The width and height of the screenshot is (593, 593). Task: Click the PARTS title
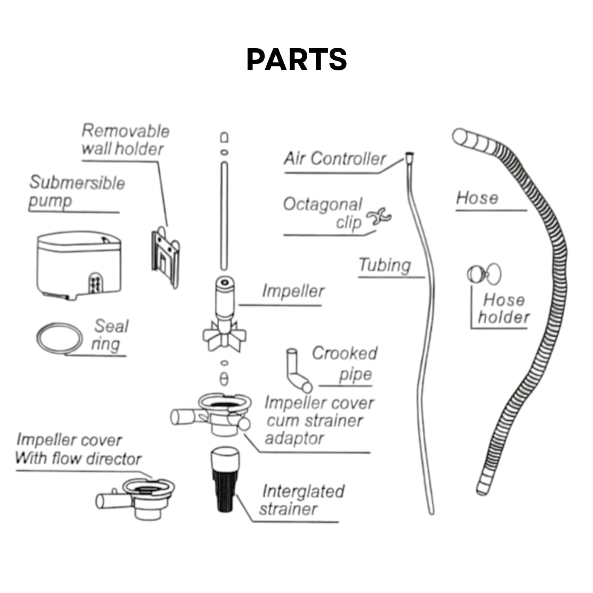[296, 59]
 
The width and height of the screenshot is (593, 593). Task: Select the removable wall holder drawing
[165, 257]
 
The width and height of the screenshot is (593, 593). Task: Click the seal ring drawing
[60, 338]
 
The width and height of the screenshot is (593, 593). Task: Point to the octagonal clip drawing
[379, 217]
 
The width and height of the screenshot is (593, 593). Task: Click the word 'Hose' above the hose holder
[477, 198]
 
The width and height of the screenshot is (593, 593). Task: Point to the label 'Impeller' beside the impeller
[293, 291]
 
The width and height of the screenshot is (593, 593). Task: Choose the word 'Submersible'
[77, 183]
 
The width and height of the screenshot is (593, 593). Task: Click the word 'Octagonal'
[323, 205]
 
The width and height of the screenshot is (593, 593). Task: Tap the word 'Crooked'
[345, 353]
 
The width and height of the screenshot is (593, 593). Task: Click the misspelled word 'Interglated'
[303, 491]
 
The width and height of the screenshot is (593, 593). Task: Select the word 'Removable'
[125, 131]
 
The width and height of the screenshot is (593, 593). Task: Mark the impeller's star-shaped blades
[225, 336]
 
